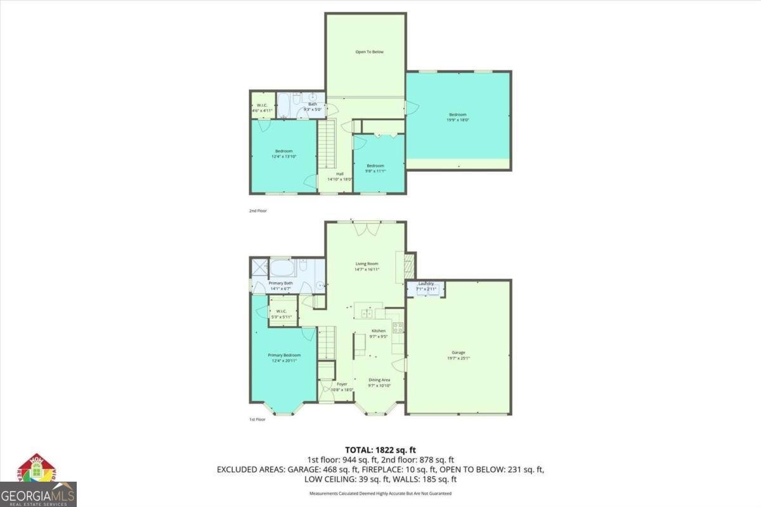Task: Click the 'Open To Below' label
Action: pos(369,52)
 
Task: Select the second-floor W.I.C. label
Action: pos(261,105)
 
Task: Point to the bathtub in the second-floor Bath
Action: pos(284,106)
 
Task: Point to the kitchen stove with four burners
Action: pos(398,327)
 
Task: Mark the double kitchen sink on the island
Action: pos(367,313)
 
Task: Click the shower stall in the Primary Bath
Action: pos(259,266)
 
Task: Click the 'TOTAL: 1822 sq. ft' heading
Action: pos(380,449)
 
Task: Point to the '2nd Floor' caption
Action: pos(257,210)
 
